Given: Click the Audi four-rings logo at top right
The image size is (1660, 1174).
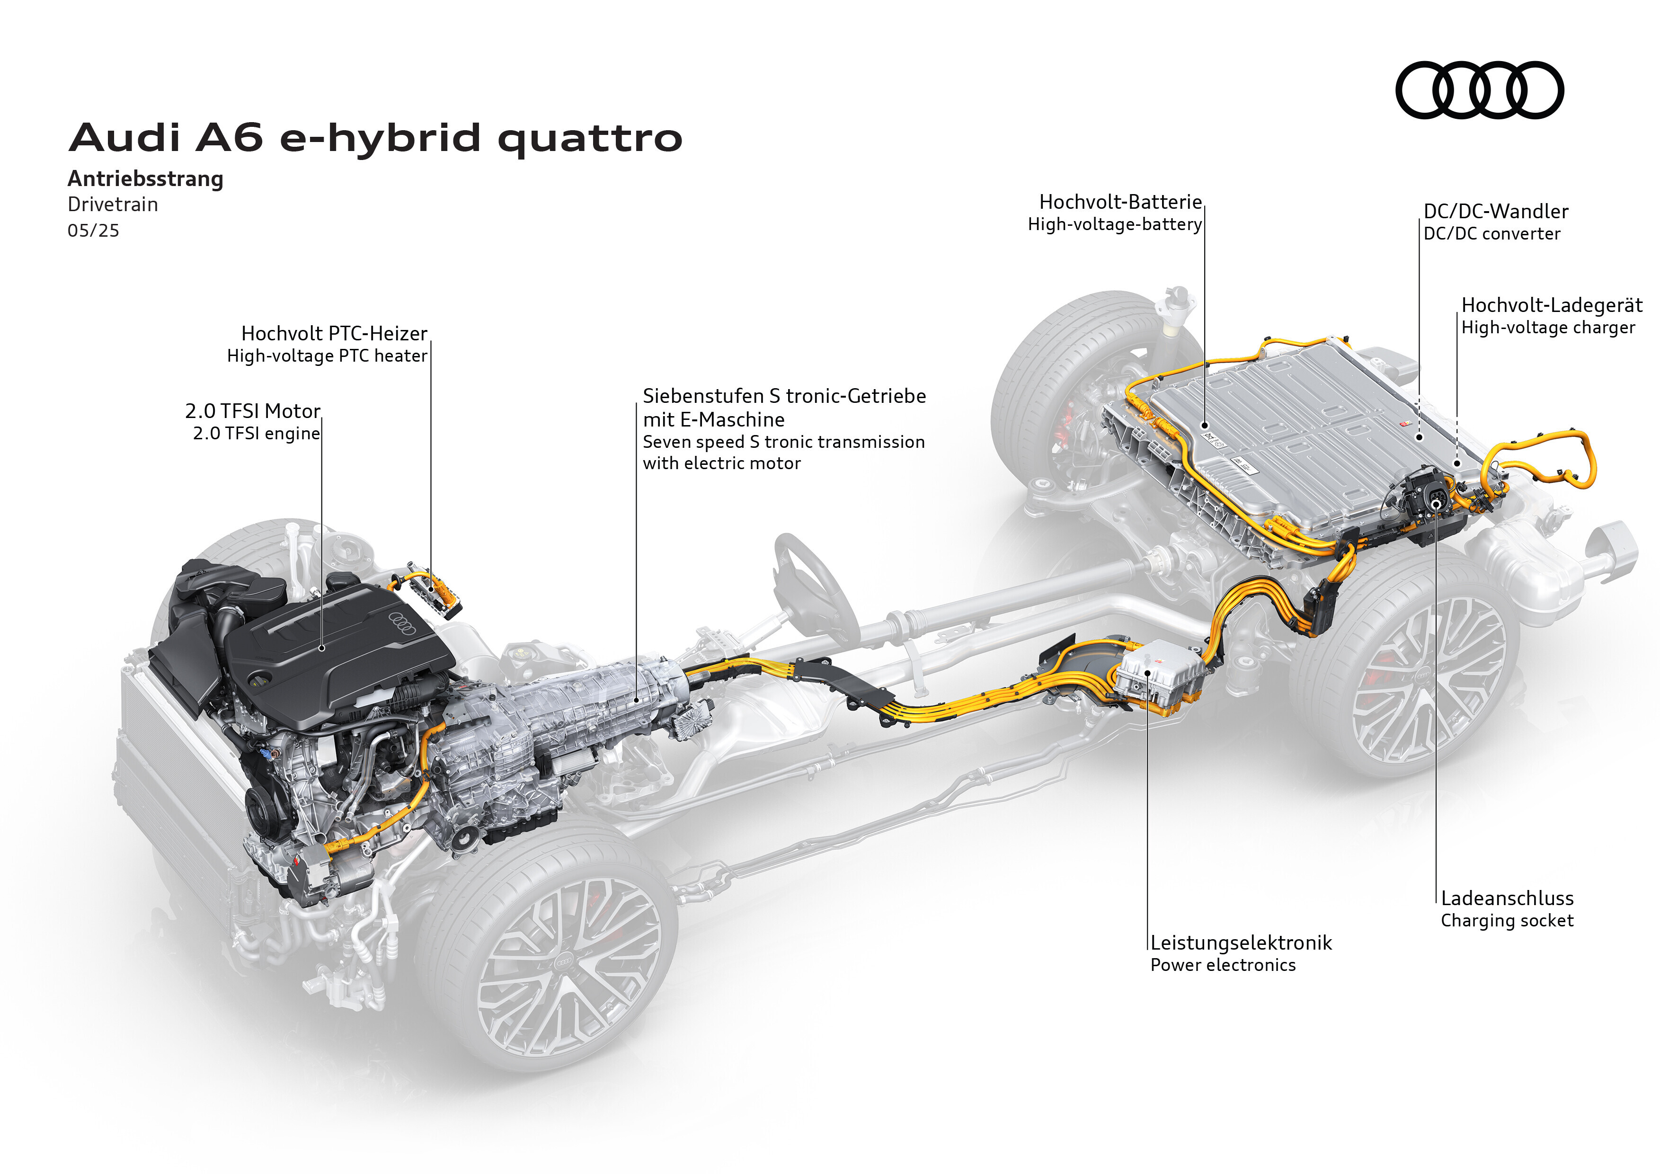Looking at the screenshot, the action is pyautogui.click(x=1479, y=89).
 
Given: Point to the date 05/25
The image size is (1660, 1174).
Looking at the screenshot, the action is pyautogui.click(x=93, y=231).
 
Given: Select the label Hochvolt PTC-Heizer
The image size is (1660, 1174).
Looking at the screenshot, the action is pyautogui.click(x=334, y=333).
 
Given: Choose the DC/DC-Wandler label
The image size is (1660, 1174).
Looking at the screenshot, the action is pyautogui.click(x=1496, y=211).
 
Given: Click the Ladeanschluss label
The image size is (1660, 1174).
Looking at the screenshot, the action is pyautogui.click(x=1508, y=898).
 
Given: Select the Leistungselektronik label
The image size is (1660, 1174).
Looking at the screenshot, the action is pyautogui.click(x=1241, y=943).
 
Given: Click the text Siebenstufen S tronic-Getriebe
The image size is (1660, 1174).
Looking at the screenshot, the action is pyautogui.click(x=784, y=396).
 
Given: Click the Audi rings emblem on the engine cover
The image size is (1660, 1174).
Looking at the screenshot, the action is pyautogui.click(x=403, y=623).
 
